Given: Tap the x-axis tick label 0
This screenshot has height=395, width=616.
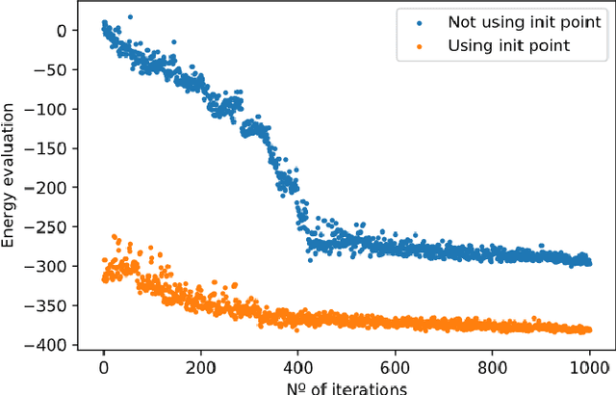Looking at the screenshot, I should [103, 367].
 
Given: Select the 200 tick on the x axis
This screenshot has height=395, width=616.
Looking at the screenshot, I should [200, 367].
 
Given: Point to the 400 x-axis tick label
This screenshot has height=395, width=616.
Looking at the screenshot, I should [297, 367].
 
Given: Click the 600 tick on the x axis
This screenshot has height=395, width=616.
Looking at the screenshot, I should [395, 367].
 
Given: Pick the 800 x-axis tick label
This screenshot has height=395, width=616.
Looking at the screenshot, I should [492, 367].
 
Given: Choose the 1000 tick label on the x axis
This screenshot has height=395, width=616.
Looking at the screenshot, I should [589, 367].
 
